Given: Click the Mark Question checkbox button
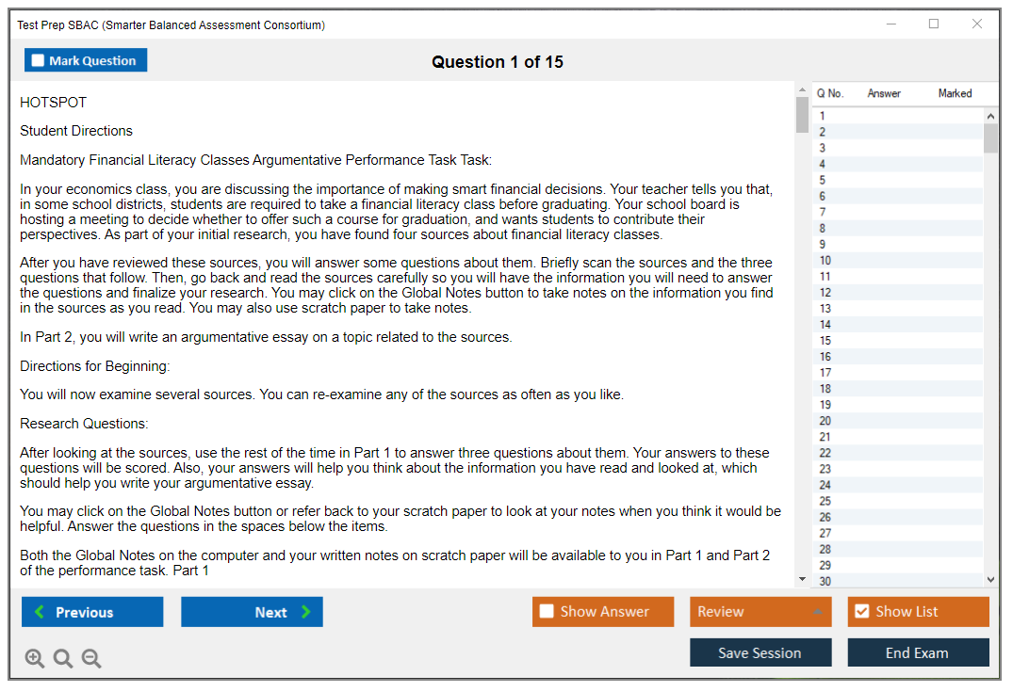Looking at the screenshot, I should point(86,60).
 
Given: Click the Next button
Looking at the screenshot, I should point(252,612).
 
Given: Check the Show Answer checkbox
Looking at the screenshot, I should point(547,612).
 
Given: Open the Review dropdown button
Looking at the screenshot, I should point(760,612).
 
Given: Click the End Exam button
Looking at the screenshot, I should point(918,652).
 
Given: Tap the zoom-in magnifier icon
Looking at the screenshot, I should point(35,658).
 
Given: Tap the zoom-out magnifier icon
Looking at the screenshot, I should point(91,658).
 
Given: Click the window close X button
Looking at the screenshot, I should point(977,24).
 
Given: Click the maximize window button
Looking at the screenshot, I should point(934,24).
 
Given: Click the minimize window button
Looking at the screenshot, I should point(890,24).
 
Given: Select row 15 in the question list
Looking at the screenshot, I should point(895,341).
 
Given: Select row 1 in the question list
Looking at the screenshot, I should point(895,116).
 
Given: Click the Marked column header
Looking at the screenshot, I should point(955,93).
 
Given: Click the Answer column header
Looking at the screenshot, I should point(884,93).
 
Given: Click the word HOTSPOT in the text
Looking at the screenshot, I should point(54,103).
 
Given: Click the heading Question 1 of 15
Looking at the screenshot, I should point(498,62).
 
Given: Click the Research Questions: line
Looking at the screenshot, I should point(84,424).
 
